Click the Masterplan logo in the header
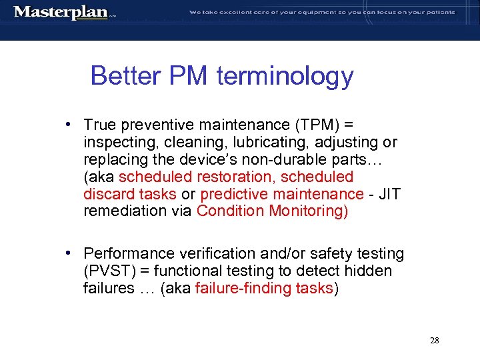pos(61,12)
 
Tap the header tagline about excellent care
pos(322,12)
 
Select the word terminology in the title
pos(285,76)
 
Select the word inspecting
pos(117,143)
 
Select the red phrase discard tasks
pos(130,194)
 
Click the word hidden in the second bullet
pos(369,271)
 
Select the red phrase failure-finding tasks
pos(264,289)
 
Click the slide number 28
pos(434,341)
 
